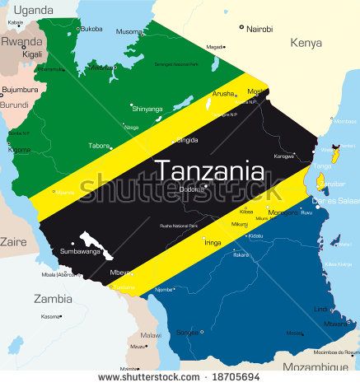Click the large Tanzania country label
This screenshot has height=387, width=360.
pyautogui.click(x=210, y=170)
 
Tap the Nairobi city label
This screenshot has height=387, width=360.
pyautogui.click(x=259, y=28)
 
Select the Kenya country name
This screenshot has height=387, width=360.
pyautogui.click(x=306, y=43)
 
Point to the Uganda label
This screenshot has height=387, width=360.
pyautogui.click(x=34, y=10)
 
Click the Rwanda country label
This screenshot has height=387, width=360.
pyautogui.click(x=21, y=40)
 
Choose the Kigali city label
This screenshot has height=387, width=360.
pyautogui.click(x=33, y=54)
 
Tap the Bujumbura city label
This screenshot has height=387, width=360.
pyautogui.click(x=20, y=89)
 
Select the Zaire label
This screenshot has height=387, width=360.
pyautogui.click(x=13, y=242)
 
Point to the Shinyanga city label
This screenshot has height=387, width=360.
pyautogui.click(x=147, y=108)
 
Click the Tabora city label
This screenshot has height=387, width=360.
pyautogui.click(x=99, y=146)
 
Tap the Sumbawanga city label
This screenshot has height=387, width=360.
pyautogui.click(x=79, y=251)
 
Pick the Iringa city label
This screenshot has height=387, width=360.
pyautogui.click(x=213, y=243)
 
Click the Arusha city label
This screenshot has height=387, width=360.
pyautogui.click(x=222, y=94)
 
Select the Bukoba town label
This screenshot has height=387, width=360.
pyautogui.click(x=91, y=29)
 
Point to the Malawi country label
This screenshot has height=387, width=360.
pyautogui.click(x=151, y=335)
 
